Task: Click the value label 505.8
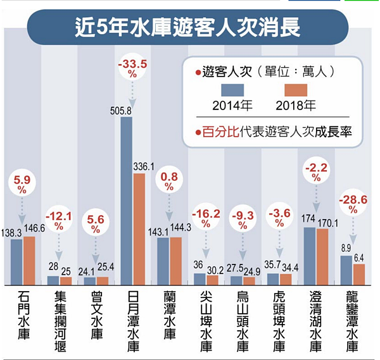pyautogui.click(x=125, y=110)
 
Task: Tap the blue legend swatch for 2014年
pyautogui.click(x=232, y=92)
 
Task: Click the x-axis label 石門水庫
pyautogui.click(x=23, y=319)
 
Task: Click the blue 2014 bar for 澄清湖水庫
pyautogui.click(x=310, y=256)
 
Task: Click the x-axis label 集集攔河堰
pyautogui.click(x=60, y=319)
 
